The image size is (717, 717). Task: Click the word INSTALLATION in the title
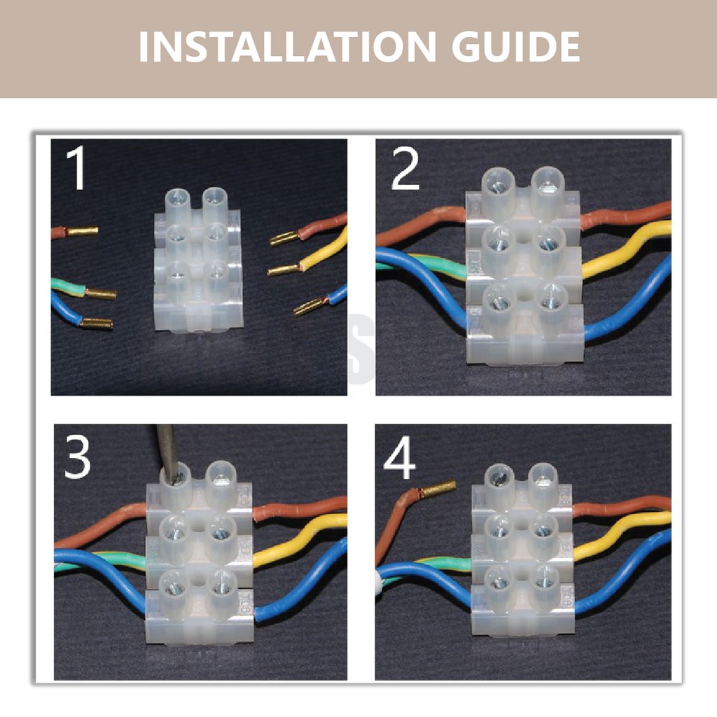pyautogui.click(x=287, y=47)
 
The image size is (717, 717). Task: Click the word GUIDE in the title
pyautogui.click(x=516, y=47)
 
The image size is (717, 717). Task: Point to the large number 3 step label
pyautogui.click(x=77, y=456)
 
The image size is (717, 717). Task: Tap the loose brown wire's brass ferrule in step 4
pyautogui.click(x=439, y=488)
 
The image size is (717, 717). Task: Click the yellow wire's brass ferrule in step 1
pyautogui.click(x=284, y=270)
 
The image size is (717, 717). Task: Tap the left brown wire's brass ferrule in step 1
pyautogui.click(x=83, y=231)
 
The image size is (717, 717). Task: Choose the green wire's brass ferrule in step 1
pyautogui.click(x=101, y=293)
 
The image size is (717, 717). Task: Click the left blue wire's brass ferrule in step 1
pyautogui.click(x=97, y=323)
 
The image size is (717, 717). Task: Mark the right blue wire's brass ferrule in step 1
pyautogui.click(x=309, y=307)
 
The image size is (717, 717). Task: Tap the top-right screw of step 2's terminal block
pyautogui.click(x=546, y=186)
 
